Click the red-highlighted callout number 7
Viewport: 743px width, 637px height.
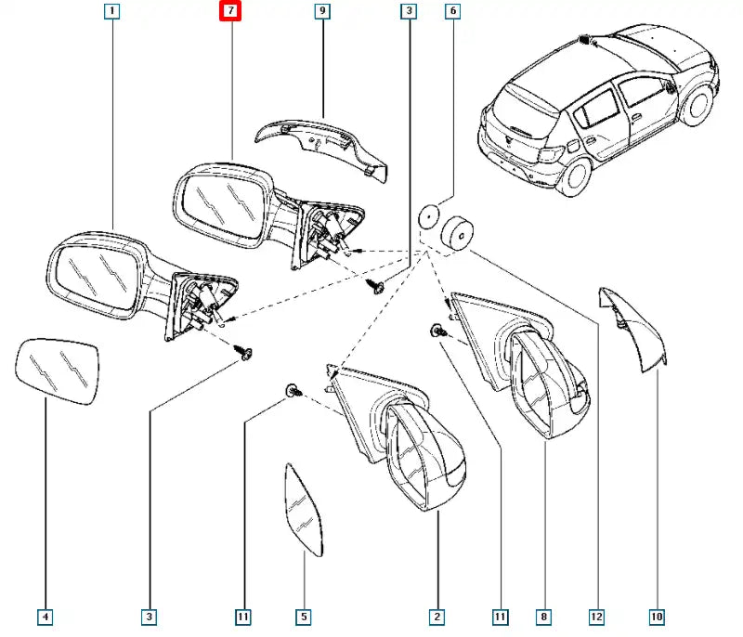[x=228, y=12]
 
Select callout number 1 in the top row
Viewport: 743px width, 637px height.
[x=111, y=12]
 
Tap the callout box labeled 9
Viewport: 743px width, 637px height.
[x=321, y=12]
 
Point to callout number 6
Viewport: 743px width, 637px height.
[x=452, y=12]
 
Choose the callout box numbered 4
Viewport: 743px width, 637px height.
[x=46, y=616]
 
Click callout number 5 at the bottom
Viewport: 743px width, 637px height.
[x=303, y=616]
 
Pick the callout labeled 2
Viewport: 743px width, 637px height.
[x=436, y=616]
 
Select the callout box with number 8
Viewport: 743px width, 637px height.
[x=544, y=616]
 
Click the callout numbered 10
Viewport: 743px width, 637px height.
[x=657, y=616]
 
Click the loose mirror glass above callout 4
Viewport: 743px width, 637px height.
[x=58, y=370]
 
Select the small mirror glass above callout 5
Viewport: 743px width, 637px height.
[x=304, y=511]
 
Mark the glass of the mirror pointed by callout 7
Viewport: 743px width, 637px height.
[x=221, y=200]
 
